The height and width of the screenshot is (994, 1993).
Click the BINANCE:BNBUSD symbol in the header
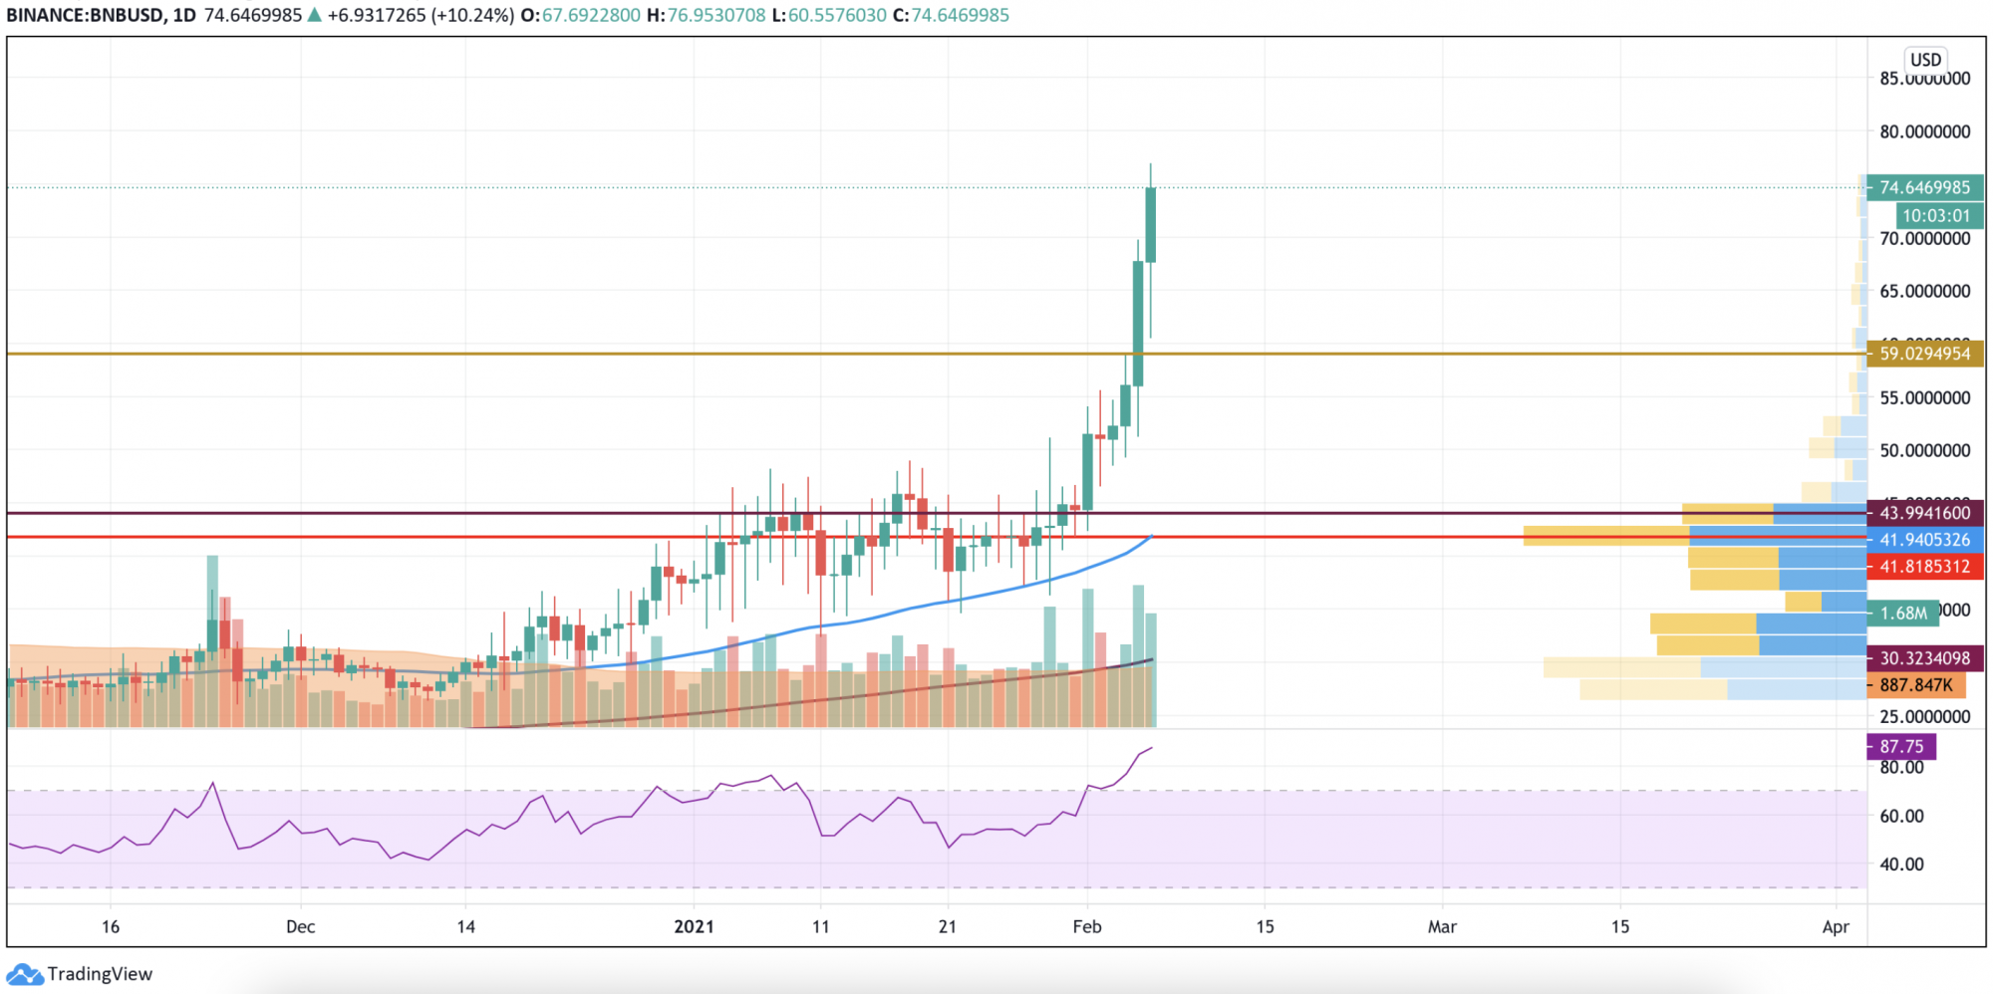pos(86,15)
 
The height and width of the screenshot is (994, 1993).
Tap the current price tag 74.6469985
pos(1924,187)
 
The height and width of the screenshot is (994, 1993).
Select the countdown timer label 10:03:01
pos(1935,215)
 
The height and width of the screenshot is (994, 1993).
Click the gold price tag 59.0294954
pos(1924,354)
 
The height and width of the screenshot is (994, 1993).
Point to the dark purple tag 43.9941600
pos(1924,513)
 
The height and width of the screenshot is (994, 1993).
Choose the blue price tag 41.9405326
pos(1924,540)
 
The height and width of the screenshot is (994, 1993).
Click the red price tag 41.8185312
pos(1924,567)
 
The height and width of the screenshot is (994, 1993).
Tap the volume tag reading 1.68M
pos(1903,613)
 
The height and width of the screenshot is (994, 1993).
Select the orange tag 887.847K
pos(1915,685)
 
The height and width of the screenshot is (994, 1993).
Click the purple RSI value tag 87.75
pos(1901,746)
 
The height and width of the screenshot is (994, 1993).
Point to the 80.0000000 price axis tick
pos(1924,131)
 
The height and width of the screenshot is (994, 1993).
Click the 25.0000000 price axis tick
pos(1924,716)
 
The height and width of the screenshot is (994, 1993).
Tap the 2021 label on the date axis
pos(694,926)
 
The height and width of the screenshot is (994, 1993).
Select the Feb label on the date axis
pos(1087,926)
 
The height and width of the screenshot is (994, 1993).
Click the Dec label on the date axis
pos(300,926)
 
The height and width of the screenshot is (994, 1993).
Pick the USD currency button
pos(1925,60)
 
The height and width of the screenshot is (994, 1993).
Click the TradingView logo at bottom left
pos(80,974)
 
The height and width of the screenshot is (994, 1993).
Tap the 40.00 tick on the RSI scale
pos(1901,864)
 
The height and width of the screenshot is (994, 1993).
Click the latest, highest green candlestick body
pos(1151,224)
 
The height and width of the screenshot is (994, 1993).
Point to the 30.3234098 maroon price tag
pos(1924,658)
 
